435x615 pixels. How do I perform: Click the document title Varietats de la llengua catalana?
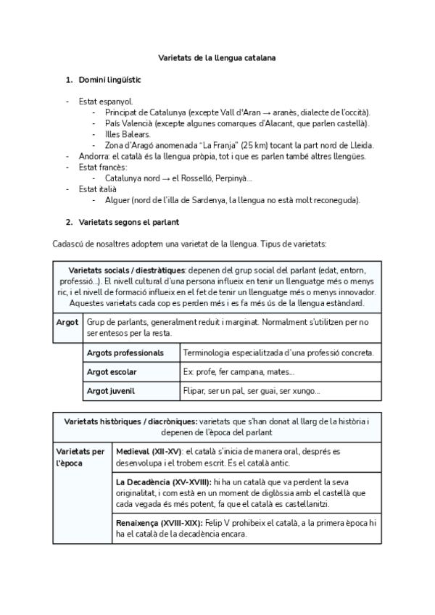point(217,57)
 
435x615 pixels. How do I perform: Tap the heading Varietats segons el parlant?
point(129,221)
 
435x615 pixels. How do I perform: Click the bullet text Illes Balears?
point(128,134)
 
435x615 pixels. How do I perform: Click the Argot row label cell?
point(68,321)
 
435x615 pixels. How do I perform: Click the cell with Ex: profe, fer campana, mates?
point(280,372)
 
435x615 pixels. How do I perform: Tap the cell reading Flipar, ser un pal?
point(280,391)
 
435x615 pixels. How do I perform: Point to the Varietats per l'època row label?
point(80,457)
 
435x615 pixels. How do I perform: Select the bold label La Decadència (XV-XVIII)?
point(164,482)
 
